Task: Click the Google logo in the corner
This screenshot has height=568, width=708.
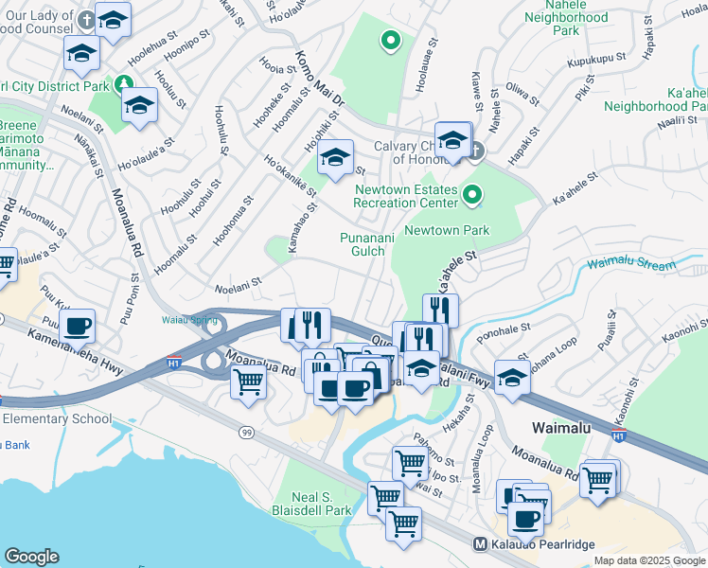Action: coord(31,556)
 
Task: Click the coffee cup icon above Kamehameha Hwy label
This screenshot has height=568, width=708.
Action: coord(79,327)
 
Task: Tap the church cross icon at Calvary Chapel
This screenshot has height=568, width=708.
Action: coord(475,150)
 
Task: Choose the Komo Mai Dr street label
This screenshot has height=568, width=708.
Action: coord(319,79)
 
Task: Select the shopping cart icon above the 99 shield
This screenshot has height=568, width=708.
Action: coord(248,382)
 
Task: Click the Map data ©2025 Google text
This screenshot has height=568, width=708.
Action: coord(648,560)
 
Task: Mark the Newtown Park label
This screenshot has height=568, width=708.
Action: coord(447,230)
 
